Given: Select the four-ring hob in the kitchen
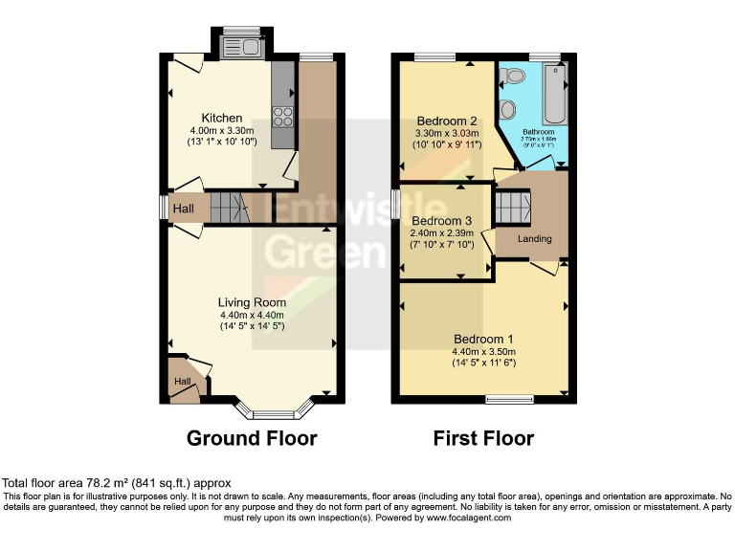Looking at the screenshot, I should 284,117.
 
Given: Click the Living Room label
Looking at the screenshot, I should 251,301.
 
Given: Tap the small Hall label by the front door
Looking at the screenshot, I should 182,383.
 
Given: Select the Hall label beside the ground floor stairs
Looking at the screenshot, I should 184,208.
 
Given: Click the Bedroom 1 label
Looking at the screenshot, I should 483,339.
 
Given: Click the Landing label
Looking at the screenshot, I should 534,238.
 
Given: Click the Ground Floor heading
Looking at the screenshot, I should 252,438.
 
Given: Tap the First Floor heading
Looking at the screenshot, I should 483,438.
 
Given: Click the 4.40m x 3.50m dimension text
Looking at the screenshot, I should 483,351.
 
